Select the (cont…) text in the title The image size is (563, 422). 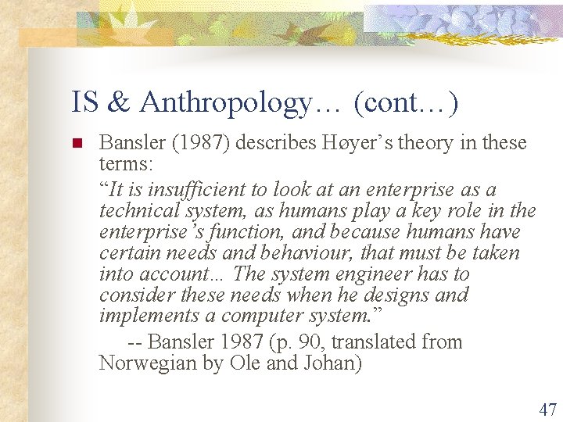point(406,103)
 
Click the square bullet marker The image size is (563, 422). point(77,144)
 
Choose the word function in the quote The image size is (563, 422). point(256,232)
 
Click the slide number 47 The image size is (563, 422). point(547,408)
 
